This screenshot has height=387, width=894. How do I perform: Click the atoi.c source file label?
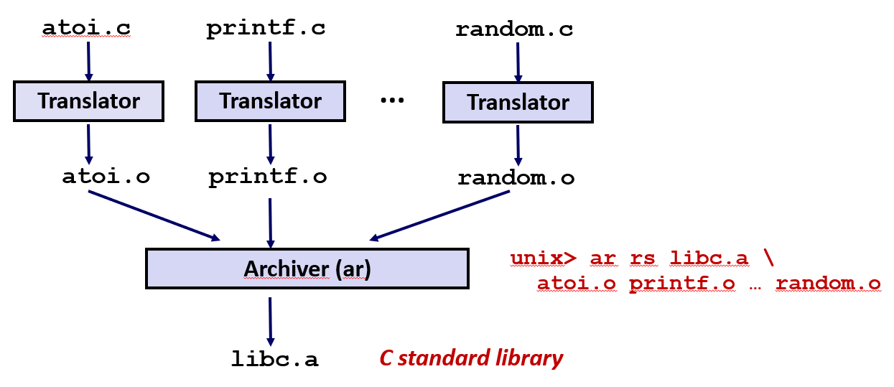(86, 28)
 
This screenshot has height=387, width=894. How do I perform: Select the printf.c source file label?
(266, 29)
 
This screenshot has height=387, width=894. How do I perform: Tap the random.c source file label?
(514, 30)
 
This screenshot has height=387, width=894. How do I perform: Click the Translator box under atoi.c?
(89, 101)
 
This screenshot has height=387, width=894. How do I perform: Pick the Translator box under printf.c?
(271, 101)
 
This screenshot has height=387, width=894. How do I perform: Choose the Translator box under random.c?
(518, 102)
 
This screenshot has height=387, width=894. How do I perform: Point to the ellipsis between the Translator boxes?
(392, 100)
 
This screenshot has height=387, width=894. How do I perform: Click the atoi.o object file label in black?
(106, 177)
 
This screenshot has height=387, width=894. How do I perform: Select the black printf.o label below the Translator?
(268, 177)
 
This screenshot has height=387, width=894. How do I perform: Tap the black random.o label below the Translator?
(516, 178)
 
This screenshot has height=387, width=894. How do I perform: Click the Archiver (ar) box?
(307, 269)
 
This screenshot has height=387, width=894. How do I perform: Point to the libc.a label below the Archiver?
(274, 358)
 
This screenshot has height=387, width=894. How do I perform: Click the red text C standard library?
(471, 358)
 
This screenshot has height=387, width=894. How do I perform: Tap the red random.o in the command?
(828, 284)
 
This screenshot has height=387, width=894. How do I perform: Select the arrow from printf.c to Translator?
(270, 60)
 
